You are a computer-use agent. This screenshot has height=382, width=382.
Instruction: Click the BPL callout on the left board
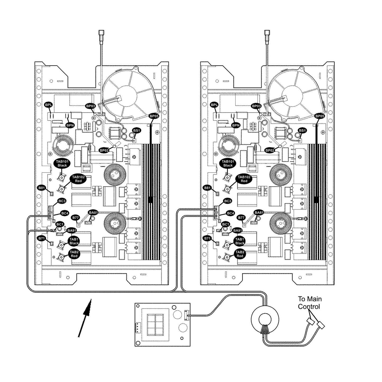49,105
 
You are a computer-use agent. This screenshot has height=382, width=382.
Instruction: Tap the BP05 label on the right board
320,116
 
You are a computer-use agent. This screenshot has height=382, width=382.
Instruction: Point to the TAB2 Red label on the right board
240,254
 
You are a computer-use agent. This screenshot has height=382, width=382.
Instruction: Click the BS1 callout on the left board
137,130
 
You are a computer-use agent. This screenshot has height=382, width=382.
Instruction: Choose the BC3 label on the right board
228,201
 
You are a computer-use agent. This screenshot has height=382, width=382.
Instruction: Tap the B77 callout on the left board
76,218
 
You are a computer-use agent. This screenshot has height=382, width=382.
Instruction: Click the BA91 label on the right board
237,231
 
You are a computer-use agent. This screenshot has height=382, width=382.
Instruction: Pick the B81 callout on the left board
42,188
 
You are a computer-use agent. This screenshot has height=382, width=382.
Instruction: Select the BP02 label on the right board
270,150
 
